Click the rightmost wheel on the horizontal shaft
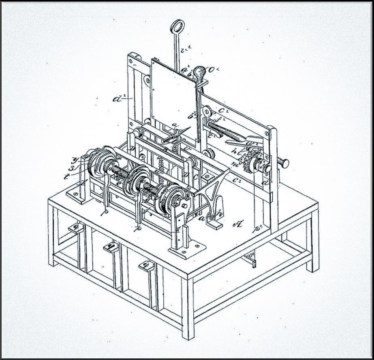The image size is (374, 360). pos(170,199)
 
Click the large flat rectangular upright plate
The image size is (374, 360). pos(175,101)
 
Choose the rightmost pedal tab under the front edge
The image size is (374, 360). pos(146,265)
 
